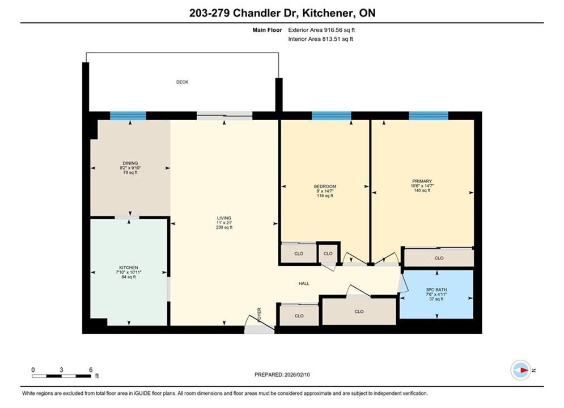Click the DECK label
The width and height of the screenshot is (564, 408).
pyautogui.click(x=182, y=82)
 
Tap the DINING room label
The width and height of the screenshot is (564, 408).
pyautogui.click(x=130, y=163)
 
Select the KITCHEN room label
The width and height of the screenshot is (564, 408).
pyautogui.click(x=129, y=267)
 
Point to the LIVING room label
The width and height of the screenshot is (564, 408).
pyautogui.click(x=224, y=218)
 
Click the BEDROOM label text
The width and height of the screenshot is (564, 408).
pyautogui.click(x=325, y=186)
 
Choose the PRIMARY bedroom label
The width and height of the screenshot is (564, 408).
pyautogui.click(x=422, y=181)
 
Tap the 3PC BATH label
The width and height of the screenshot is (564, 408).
pyautogui.click(x=436, y=290)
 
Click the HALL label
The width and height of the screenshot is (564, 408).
pyautogui.click(x=304, y=284)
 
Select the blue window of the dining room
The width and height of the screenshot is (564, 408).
pyautogui.click(x=128, y=116)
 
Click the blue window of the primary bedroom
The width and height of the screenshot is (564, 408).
pyautogui.click(x=429, y=116)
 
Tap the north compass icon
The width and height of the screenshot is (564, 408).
pyautogui.click(x=521, y=370)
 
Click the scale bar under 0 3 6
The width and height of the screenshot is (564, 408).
pyautogui.click(x=61, y=376)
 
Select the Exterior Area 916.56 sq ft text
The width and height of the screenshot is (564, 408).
pyautogui.click(x=321, y=30)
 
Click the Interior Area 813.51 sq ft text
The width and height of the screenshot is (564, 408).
pyautogui.click(x=320, y=39)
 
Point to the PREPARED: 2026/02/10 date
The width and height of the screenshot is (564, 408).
pyautogui.click(x=282, y=375)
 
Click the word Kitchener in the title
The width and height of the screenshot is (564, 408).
pyautogui.click(x=327, y=13)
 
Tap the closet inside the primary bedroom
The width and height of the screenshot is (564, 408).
pyautogui.click(x=439, y=258)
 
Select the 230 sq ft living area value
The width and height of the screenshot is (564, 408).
pyautogui.click(x=224, y=228)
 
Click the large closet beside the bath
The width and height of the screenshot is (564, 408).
pyautogui.click(x=359, y=312)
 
